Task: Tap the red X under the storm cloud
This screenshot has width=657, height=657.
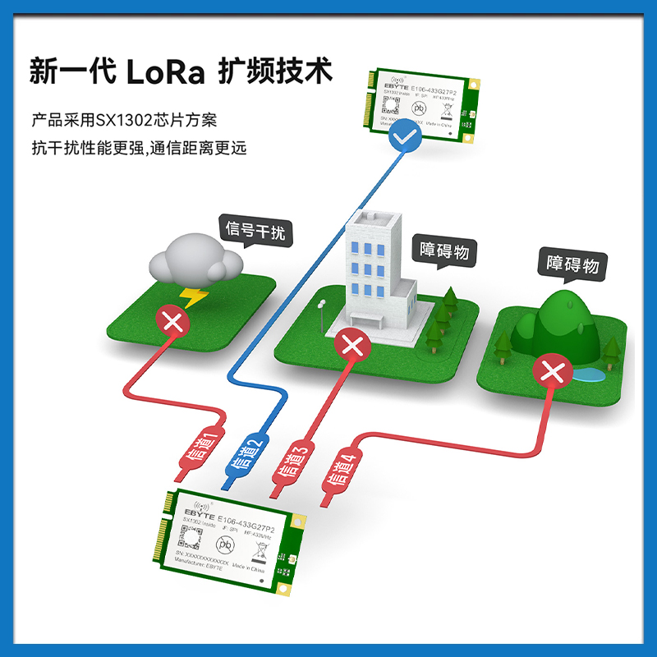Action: coord(173,321)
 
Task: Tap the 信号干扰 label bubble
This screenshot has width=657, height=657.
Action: coord(255,231)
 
